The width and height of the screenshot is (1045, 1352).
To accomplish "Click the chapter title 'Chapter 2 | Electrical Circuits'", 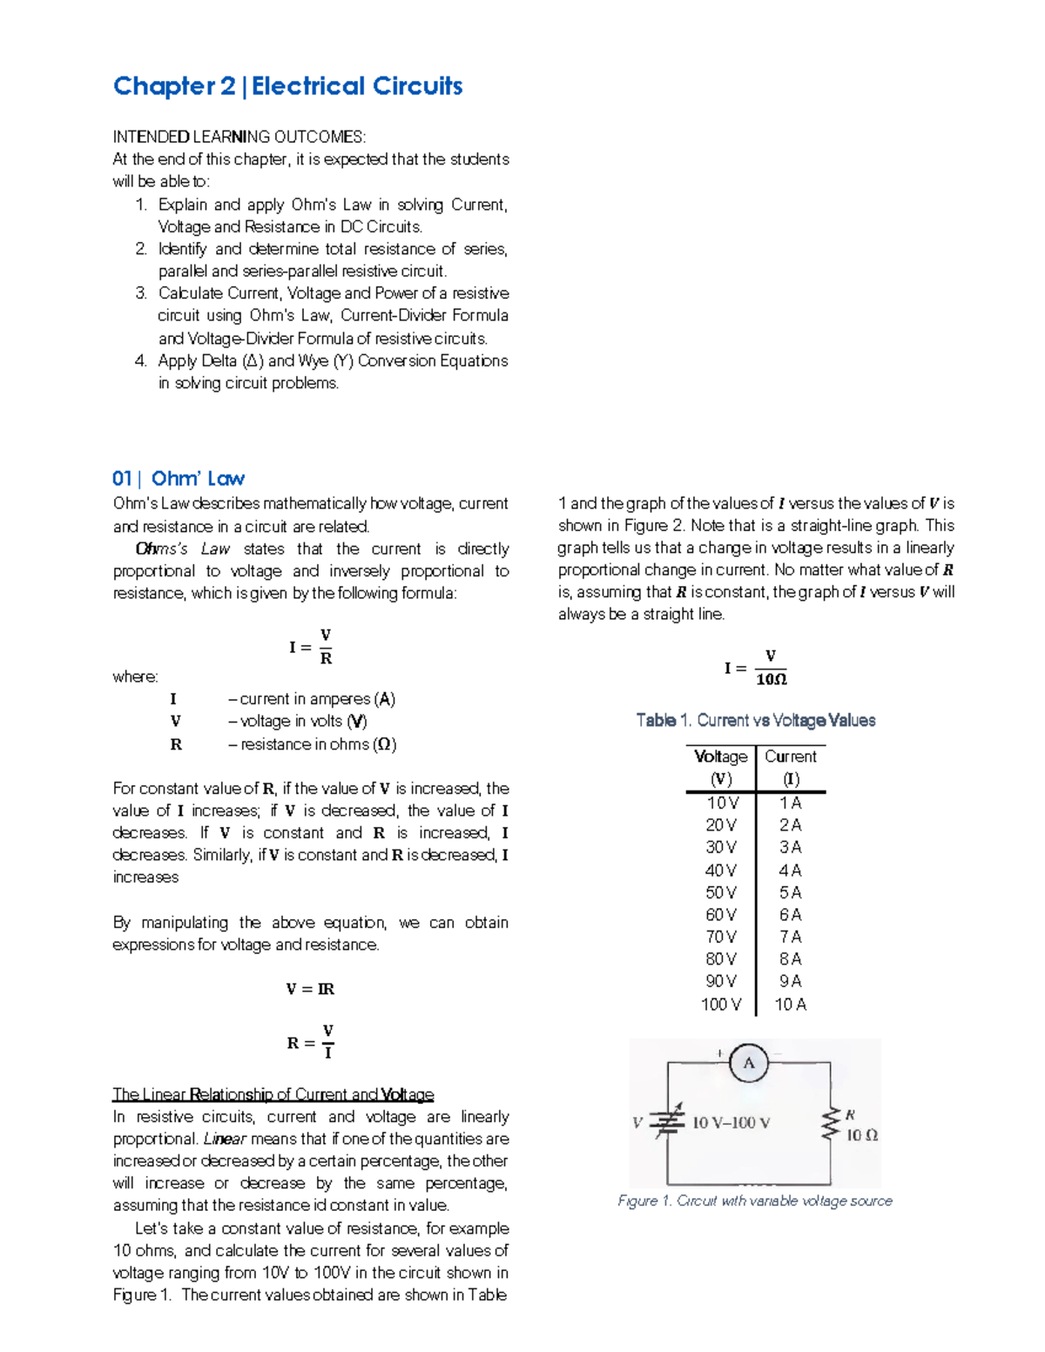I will click(x=287, y=86).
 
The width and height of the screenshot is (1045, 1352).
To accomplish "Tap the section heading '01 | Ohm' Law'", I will click(x=179, y=479).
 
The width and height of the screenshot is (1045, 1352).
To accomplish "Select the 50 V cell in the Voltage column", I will click(x=720, y=892).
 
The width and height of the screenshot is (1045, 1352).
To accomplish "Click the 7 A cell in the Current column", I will click(x=790, y=937).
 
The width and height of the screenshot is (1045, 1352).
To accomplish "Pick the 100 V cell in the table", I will click(x=720, y=1005).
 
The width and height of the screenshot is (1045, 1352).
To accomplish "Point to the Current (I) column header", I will click(x=790, y=767).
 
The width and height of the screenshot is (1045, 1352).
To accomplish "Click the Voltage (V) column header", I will click(x=720, y=767).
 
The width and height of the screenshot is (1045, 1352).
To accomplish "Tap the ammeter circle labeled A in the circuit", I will click(x=748, y=1063).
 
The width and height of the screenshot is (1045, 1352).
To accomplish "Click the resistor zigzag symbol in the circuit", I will click(x=829, y=1124).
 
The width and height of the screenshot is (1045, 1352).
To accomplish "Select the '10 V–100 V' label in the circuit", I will click(x=731, y=1123).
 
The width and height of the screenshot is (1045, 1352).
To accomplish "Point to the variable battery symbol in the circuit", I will click(x=668, y=1122).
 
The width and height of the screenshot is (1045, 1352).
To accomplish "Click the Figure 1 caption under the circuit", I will click(x=754, y=1201).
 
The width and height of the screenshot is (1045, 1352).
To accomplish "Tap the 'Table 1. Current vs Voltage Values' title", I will click(x=755, y=720).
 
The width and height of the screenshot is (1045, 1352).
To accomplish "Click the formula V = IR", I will click(x=310, y=989).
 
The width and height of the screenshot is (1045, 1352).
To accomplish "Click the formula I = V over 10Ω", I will click(x=755, y=668).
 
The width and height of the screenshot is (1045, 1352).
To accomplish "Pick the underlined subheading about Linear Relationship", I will click(x=273, y=1094).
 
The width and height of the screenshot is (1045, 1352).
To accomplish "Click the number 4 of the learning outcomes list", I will click(x=141, y=360).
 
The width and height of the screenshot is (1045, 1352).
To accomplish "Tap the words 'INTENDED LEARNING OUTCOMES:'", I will click(x=239, y=137).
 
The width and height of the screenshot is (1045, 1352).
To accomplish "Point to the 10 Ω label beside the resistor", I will click(x=862, y=1135).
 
